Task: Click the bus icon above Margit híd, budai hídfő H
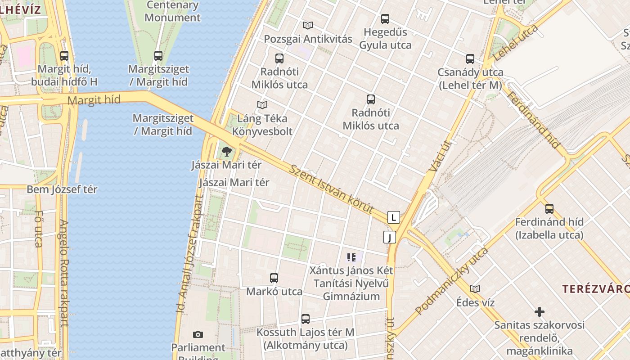click(x=64, y=56)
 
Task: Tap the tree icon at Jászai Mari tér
click(x=226, y=151)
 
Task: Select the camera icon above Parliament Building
click(x=198, y=334)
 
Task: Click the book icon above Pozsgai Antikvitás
click(x=308, y=26)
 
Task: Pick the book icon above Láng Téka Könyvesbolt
click(x=262, y=105)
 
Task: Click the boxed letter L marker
click(x=394, y=217)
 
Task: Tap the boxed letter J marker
click(x=389, y=237)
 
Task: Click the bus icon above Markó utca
click(x=274, y=278)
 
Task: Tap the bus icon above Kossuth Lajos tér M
click(x=306, y=319)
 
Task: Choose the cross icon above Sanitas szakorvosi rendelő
click(x=539, y=311)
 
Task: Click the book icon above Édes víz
click(x=475, y=289)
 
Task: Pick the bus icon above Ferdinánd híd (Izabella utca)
click(x=549, y=208)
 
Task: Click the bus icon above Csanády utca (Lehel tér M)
click(x=470, y=58)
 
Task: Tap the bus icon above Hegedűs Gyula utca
click(x=385, y=19)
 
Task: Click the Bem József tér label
click(x=62, y=189)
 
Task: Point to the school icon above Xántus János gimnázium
click(x=351, y=257)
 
